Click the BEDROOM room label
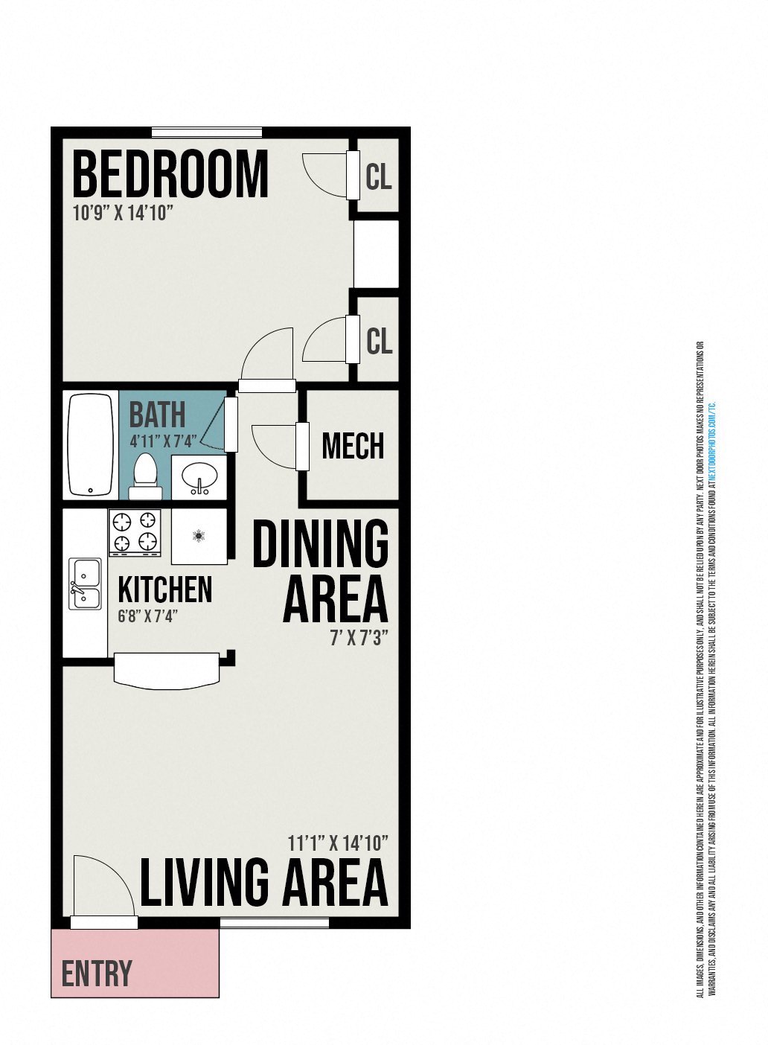coord(170,174)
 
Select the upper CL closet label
coord(379,177)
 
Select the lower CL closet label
coord(379,341)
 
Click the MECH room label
coord(353,446)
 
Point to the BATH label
coord(157,415)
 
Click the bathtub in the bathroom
coord(90,445)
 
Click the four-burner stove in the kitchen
coord(135,531)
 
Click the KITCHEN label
coord(165,589)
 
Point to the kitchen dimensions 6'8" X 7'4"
coord(147,616)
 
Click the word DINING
coord(321,544)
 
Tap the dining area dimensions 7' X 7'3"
coord(359,639)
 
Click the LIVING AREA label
coord(264,882)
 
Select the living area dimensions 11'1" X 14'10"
coord(338,843)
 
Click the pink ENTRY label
coord(97,974)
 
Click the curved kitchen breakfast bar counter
coord(167,671)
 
